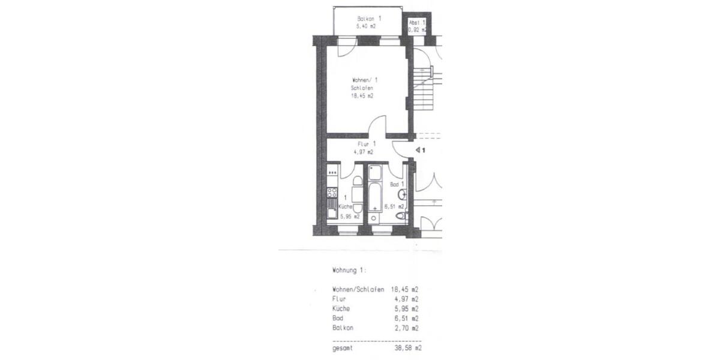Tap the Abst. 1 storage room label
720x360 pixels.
416,22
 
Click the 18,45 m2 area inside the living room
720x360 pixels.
362,95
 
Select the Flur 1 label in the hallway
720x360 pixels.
366,144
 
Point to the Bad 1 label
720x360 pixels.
397,184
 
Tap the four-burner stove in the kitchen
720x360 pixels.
332,193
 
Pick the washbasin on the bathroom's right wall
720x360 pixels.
402,194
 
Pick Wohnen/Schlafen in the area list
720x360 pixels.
358,289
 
